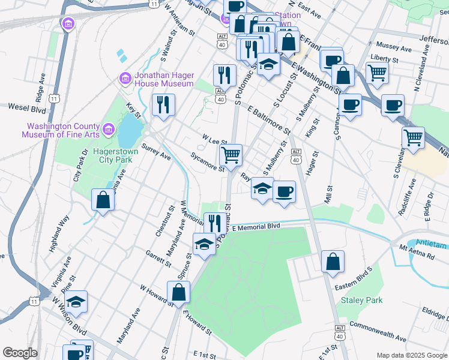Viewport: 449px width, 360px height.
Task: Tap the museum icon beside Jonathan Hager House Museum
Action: point(125,78)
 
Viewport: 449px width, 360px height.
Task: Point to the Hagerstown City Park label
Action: point(115,156)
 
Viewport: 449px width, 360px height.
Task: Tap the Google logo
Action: point(20,353)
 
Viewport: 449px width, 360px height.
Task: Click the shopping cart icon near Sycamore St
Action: point(231,155)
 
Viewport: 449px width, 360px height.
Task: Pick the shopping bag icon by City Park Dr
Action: point(103,199)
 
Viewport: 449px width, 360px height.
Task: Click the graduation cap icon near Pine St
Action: point(76,301)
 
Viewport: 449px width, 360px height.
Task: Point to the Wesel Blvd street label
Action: point(27,107)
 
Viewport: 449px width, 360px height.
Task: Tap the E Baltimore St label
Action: point(268,121)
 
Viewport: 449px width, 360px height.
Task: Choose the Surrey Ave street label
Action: point(156,152)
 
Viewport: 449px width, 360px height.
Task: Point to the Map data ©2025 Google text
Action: point(411,355)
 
